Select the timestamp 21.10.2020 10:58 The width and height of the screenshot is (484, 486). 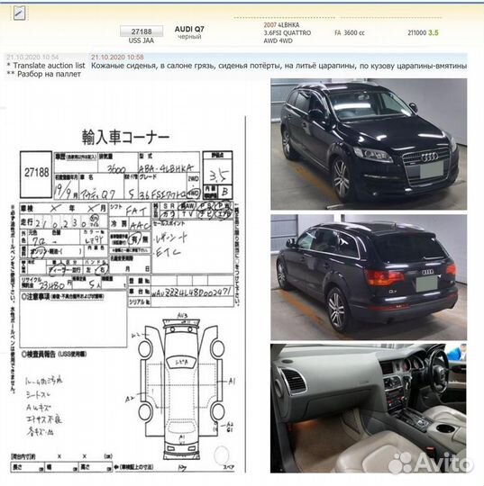[x=116, y=57]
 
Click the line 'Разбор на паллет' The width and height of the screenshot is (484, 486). [x=49, y=75]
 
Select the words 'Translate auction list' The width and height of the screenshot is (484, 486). [x=50, y=66]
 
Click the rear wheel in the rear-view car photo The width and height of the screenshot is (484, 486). [x=336, y=310]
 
